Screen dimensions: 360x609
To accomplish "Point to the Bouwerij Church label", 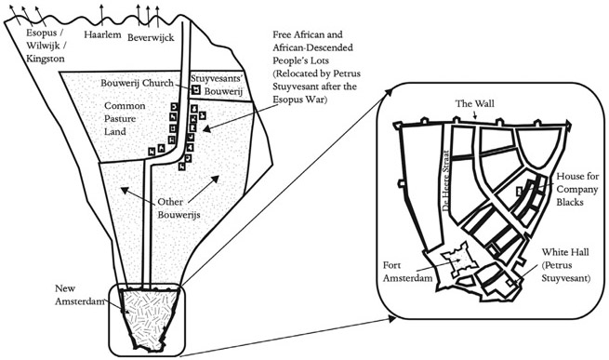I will tap(142, 83).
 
